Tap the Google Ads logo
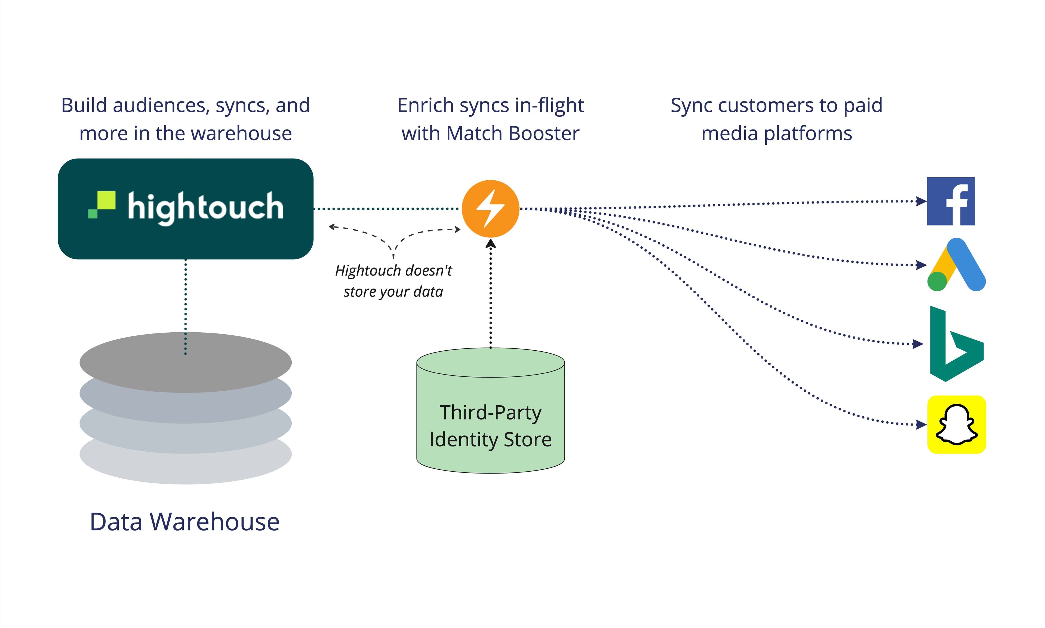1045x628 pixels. pos(956,265)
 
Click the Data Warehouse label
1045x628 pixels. pos(185,521)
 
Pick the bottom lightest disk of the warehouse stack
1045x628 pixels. pos(185,470)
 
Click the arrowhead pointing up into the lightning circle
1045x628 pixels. pos(490,243)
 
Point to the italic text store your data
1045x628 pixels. pos(393,292)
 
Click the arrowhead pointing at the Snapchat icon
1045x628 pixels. pos(921,424)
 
